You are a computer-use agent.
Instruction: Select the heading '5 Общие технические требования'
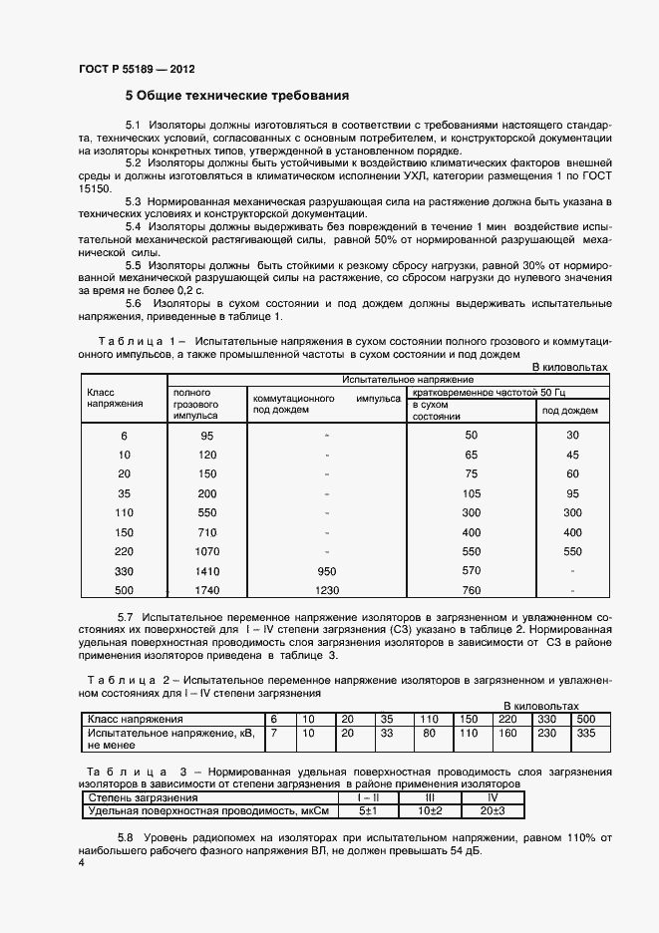pos(236,97)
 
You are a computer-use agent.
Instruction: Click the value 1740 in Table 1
pos(206,590)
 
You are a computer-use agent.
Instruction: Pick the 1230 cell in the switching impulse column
pos(326,590)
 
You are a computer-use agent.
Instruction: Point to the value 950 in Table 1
pos(326,571)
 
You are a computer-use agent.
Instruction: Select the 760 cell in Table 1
pos(472,590)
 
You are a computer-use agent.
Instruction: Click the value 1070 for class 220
pos(206,551)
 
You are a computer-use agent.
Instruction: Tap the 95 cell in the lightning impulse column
pos(206,436)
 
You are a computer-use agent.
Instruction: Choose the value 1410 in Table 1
pos(206,571)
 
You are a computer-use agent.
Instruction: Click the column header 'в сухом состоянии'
pos(437,410)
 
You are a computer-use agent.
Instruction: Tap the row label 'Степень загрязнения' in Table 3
pos(144,798)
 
